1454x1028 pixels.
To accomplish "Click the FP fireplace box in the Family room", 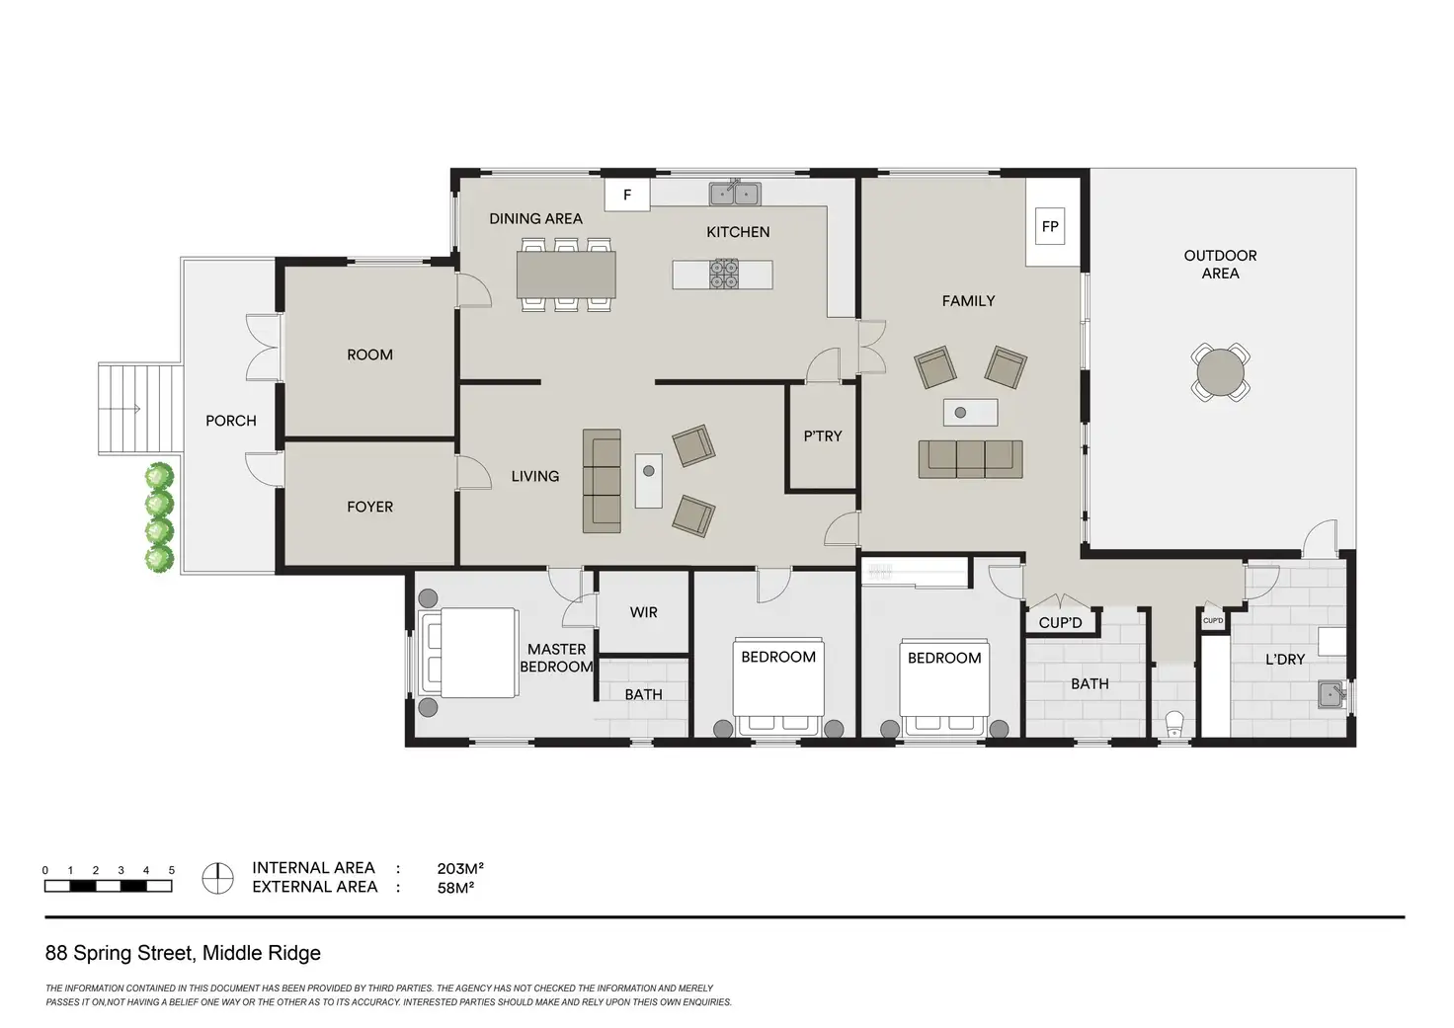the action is pyautogui.click(x=1050, y=226).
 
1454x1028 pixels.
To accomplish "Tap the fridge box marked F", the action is pyautogui.click(x=627, y=195).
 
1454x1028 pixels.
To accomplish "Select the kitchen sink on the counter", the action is pyautogui.click(x=735, y=194).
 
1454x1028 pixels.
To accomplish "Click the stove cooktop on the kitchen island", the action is pyautogui.click(x=724, y=274).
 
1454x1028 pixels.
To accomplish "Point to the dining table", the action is pyautogui.click(x=566, y=274).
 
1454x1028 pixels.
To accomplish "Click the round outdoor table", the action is pyautogui.click(x=1220, y=372).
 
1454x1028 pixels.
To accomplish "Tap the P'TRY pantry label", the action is pyautogui.click(x=823, y=436).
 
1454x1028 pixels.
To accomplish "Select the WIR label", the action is pyautogui.click(x=643, y=612).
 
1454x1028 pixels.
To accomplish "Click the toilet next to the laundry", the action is pyautogui.click(x=1174, y=724).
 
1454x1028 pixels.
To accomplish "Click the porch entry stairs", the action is pyautogui.click(x=139, y=409).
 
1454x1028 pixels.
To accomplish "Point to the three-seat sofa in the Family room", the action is pyautogui.click(x=970, y=459).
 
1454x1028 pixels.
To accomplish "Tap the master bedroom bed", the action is pyautogui.click(x=468, y=652).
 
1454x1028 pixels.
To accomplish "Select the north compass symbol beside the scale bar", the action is pyautogui.click(x=217, y=878).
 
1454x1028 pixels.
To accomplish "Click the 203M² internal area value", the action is pyautogui.click(x=461, y=868).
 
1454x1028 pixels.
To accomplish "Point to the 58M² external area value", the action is pyautogui.click(x=455, y=887).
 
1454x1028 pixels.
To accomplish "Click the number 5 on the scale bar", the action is pyautogui.click(x=171, y=870).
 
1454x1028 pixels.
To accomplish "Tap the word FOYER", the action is pyautogui.click(x=370, y=507).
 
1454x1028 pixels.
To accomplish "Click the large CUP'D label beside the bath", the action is pyautogui.click(x=1060, y=623).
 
